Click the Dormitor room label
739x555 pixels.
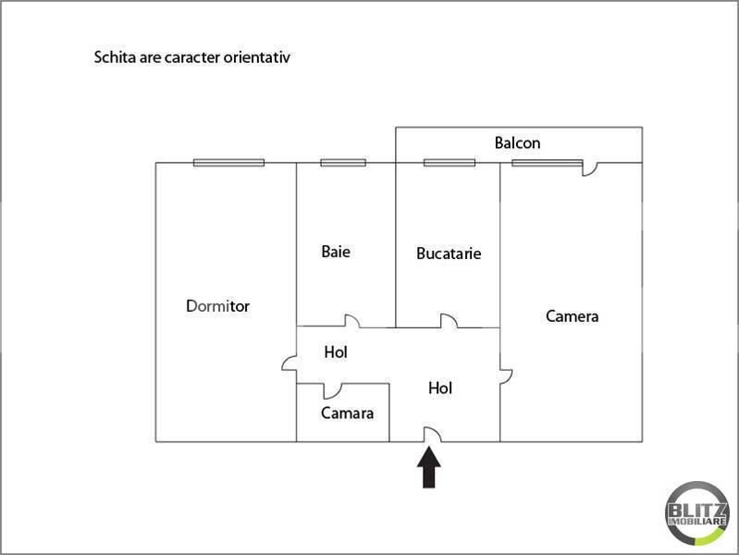tap(217, 306)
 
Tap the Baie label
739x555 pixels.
tap(336, 252)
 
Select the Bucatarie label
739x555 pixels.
tap(449, 253)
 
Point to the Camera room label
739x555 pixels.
tap(573, 316)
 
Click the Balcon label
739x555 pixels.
tap(518, 142)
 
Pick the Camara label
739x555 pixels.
tap(348, 413)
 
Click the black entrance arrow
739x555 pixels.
tap(429, 467)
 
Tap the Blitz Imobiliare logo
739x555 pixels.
tap(697, 513)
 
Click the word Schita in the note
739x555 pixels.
tap(116, 57)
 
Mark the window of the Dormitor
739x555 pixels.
tap(228, 163)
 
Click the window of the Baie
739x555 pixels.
tap(343, 163)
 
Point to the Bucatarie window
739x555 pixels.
tap(450, 163)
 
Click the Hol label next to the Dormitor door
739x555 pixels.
tap(336, 352)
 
